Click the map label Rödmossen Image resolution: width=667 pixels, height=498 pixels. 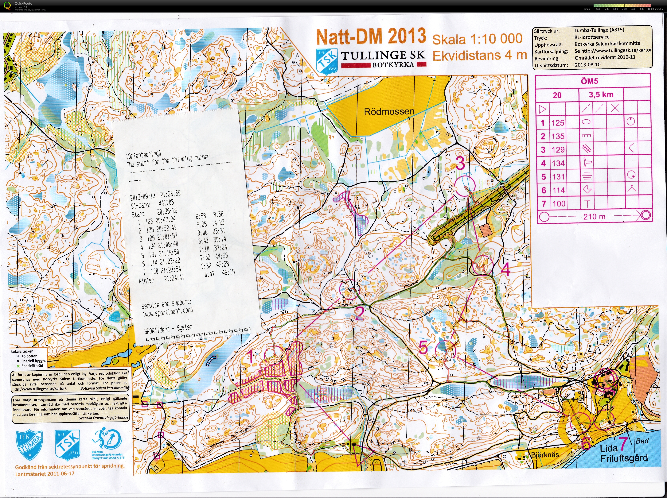tap(389, 112)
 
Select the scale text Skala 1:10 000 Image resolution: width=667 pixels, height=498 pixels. tap(477, 39)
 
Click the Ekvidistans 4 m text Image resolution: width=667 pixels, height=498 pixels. tap(479, 56)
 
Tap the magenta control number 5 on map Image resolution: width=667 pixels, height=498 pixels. tap(423, 348)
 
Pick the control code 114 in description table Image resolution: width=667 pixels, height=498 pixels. tap(558, 190)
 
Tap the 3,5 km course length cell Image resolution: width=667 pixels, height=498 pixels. tap(601, 95)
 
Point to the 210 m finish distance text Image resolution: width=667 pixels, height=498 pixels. tap(594, 216)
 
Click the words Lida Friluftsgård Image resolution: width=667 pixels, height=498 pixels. tap(624, 454)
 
